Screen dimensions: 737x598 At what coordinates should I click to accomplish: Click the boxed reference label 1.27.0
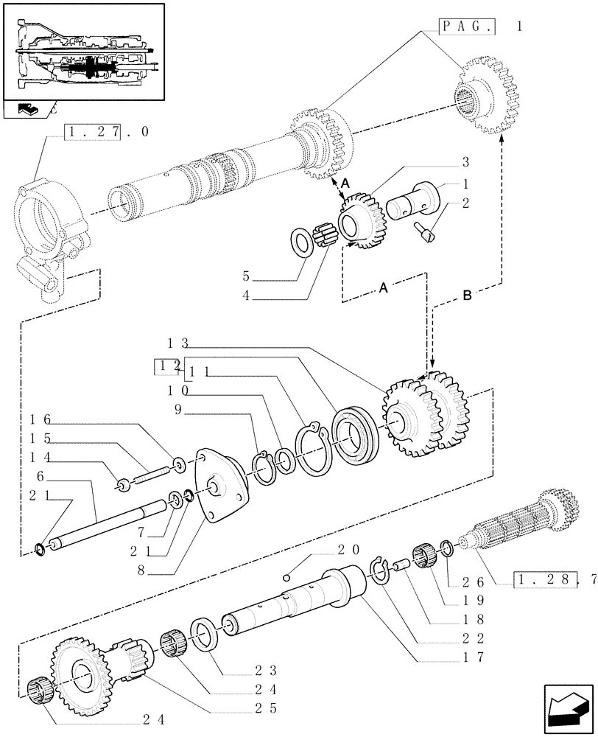click(107, 132)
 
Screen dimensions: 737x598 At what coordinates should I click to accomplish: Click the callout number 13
click(178, 343)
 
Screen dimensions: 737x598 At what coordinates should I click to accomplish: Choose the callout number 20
click(348, 550)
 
